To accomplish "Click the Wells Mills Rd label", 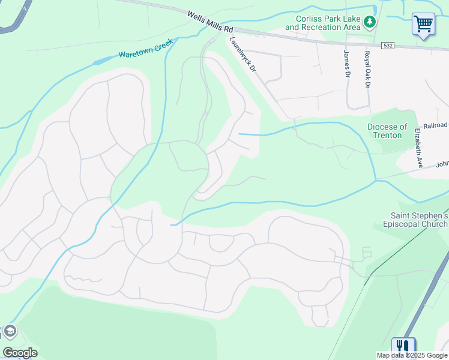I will [x=209, y=21].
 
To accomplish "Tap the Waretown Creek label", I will [x=145, y=49].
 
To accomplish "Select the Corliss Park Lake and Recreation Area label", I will [x=322, y=23].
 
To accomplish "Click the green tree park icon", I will [x=370, y=23].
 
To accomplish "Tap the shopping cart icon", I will [x=423, y=25].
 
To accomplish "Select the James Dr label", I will [x=346, y=64].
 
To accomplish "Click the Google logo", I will [x=20, y=353].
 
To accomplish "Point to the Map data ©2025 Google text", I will [x=412, y=355].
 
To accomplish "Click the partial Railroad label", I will [x=436, y=125].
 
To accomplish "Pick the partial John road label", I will [x=442, y=164].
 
